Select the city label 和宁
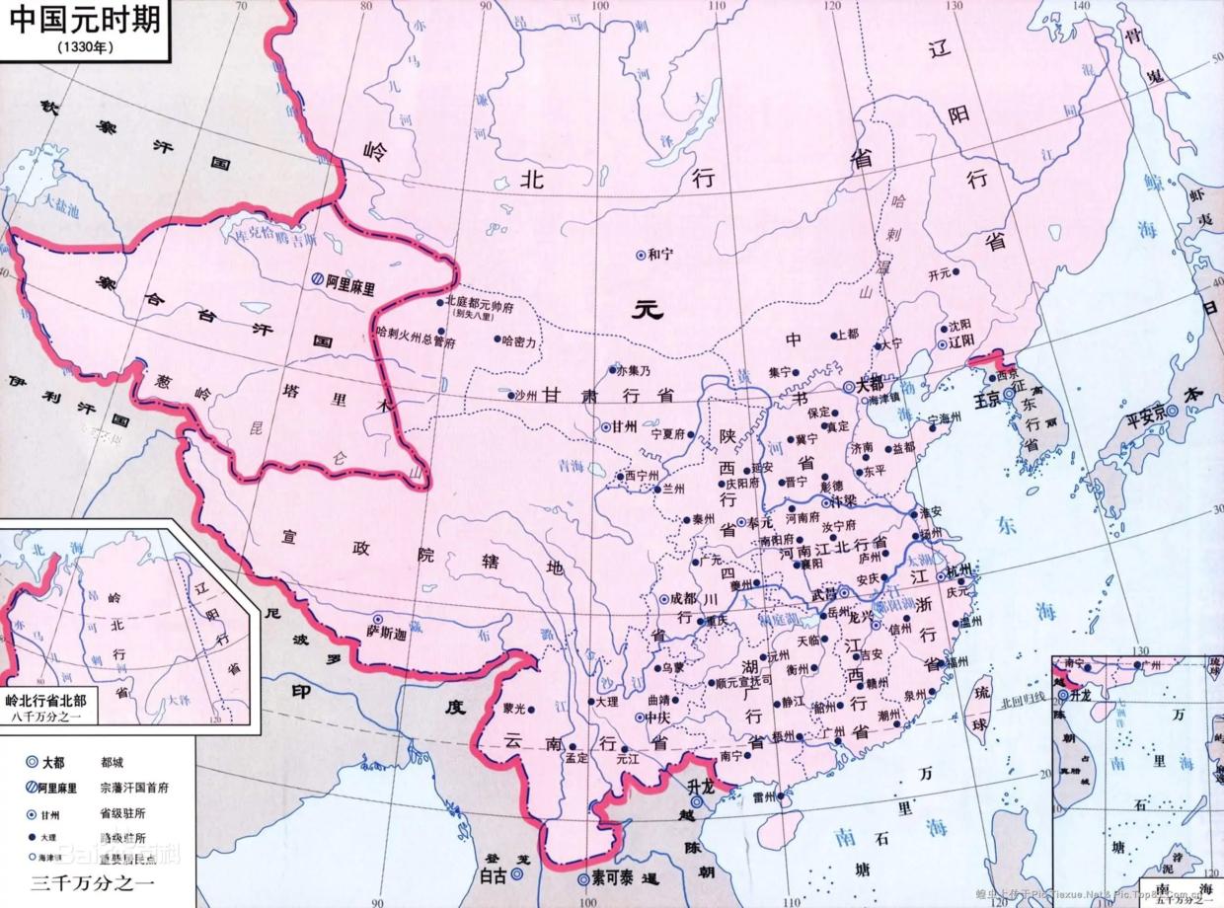659,255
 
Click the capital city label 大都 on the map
869,386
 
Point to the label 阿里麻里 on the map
352,279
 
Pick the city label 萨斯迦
386,632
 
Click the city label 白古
493,874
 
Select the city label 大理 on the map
606,701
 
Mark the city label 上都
846,335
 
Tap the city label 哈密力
518,340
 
